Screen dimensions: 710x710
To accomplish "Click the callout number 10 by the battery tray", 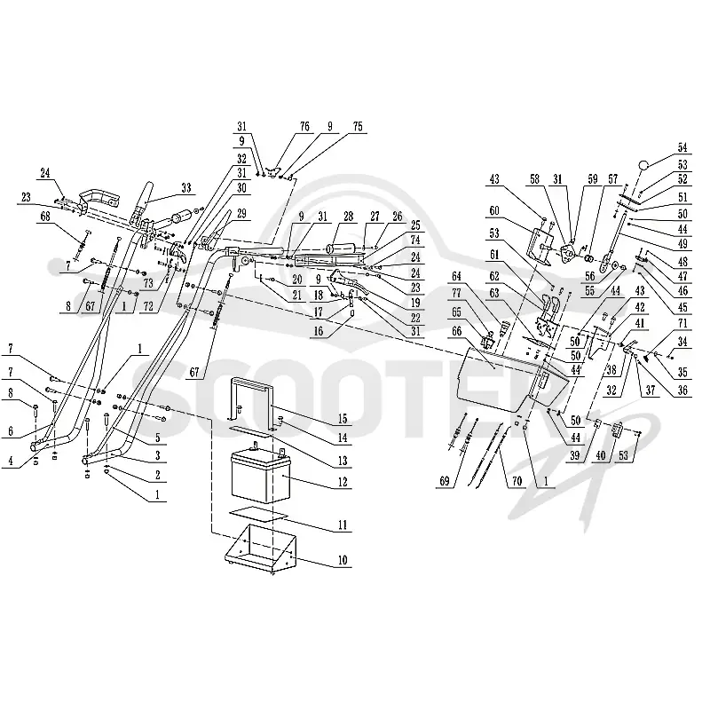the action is point(343,560).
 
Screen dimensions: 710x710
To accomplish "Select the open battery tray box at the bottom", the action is point(260,548).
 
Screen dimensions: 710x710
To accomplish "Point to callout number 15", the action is point(343,419).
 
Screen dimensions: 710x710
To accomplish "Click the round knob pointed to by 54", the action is point(644,165).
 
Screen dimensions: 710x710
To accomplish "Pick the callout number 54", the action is point(682,147).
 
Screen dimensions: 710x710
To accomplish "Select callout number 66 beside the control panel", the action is point(456,331).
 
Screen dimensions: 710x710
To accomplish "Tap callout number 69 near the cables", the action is point(445,481).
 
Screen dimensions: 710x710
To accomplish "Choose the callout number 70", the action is point(517,481).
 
